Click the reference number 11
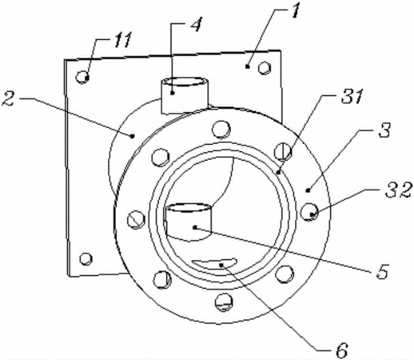123,41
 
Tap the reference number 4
196,25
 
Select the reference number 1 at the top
294,10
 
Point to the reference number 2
9,98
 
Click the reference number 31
352,96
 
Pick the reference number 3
384,130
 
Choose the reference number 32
399,190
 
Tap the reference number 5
382,270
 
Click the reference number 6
342,350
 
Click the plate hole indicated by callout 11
82,78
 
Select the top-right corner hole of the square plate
265,68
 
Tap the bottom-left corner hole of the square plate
86,258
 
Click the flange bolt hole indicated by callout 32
309,212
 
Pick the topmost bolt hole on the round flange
221,130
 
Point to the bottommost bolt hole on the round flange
225,302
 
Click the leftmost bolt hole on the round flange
137,219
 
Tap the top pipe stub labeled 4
185,95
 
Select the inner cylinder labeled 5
189,222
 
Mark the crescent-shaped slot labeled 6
215,264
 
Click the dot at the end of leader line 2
132,136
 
